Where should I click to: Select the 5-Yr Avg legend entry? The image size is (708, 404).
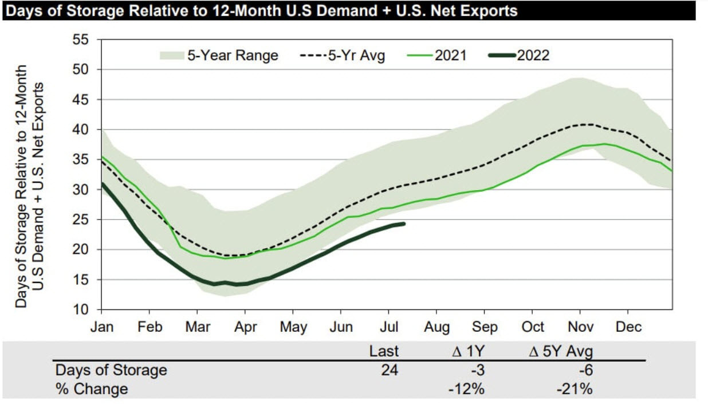point(343,56)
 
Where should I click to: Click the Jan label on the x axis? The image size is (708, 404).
point(101,327)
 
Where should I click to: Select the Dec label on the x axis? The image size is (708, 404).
point(628,327)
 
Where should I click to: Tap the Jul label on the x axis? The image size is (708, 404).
point(389,327)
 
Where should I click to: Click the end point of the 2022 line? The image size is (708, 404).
point(404,223)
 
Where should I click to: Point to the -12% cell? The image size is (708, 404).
point(467,389)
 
